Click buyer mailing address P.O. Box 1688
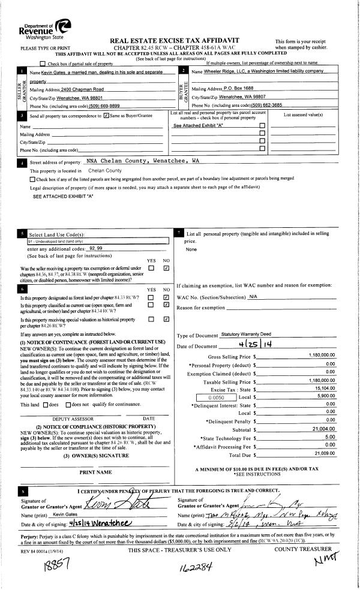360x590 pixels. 232,88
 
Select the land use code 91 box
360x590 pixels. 98,241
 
